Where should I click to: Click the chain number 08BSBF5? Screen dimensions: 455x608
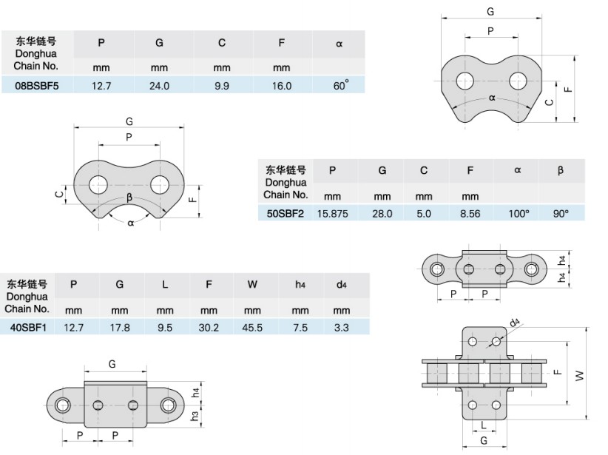pyautogui.click(x=36, y=86)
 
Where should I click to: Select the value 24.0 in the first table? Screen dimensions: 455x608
pyautogui.click(x=159, y=86)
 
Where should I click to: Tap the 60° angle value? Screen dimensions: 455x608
pyautogui.click(x=340, y=85)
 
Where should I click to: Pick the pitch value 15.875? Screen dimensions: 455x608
pyautogui.click(x=332, y=213)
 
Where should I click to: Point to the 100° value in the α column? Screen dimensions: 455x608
pyautogui.click(x=518, y=213)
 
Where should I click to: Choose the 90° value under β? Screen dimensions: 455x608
pyautogui.click(x=561, y=213)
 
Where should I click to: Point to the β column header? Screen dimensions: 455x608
pyautogui.click(x=561, y=171)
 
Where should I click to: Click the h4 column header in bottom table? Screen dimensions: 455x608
pyautogui.click(x=300, y=285)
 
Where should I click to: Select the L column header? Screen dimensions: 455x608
pyautogui.click(x=164, y=285)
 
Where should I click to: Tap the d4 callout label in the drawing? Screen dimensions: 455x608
pyautogui.click(x=515, y=323)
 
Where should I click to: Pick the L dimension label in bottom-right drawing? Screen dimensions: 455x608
pyautogui.click(x=483, y=425)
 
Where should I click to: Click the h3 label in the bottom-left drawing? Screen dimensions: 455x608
pyautogui.click(x=195, y=417)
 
